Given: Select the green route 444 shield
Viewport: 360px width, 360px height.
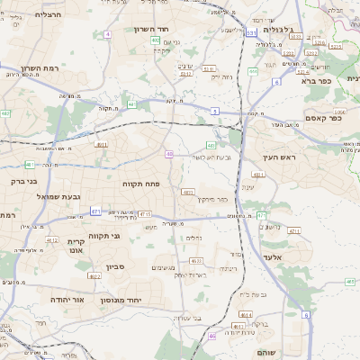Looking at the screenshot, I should (253, 71).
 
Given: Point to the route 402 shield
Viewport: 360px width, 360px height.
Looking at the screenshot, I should (156, 40).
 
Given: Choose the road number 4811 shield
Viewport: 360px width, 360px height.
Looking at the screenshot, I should (101, 143).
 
